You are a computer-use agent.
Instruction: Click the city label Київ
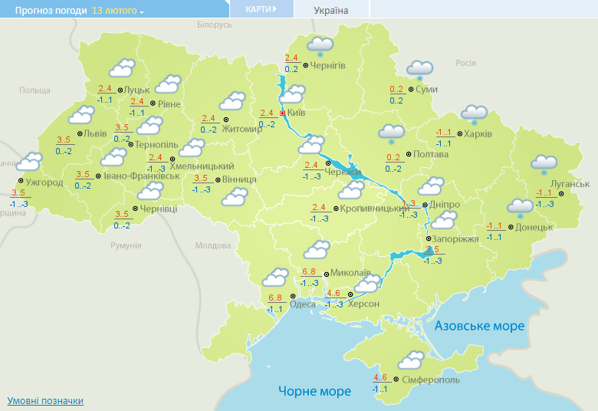pos(297,113)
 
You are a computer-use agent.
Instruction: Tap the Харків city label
pos(478,134)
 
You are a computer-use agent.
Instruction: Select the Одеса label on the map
pos(302,304)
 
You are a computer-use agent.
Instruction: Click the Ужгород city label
pos(44,182)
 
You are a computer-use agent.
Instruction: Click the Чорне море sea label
pos(315,391)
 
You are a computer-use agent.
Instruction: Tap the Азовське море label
pos(480,326)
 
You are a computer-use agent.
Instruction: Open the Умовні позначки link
pos(45,401)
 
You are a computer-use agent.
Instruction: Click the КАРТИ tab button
pos(261,8)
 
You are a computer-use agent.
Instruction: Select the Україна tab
pos(331,10)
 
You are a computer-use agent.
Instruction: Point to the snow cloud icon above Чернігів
pos(320,45)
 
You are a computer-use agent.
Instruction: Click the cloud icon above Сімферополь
pos(412,359)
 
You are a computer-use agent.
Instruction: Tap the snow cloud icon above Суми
pos(419,69)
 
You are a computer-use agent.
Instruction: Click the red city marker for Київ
pos(282,113)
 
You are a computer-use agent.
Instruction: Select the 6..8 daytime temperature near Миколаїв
pos(309,272)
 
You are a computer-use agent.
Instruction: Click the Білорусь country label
pos(214,25)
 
